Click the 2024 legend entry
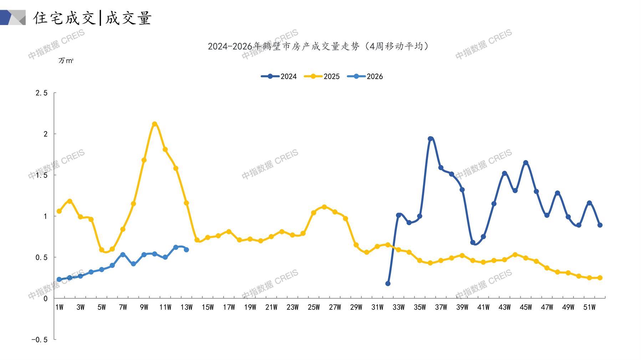(279, 76)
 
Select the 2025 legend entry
(322, 76)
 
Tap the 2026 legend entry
(365, 76)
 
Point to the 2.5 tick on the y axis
(41, 93)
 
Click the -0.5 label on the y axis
(39, 340)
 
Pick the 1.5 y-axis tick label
(41, 175)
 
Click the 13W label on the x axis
(186, 307)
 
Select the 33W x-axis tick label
(398, 307)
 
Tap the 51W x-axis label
(589, 307)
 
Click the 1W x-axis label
(59, 307)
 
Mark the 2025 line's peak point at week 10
(154, 124)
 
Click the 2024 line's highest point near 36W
(430, 139)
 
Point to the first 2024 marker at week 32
(388, 284)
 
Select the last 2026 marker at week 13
(186, 250)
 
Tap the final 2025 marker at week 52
(600, 278)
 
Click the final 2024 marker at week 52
(600, 225)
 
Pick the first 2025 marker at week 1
(59, 211)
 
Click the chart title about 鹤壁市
(319, 46)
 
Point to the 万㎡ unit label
(66, 61)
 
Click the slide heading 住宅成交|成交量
(93, 18)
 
